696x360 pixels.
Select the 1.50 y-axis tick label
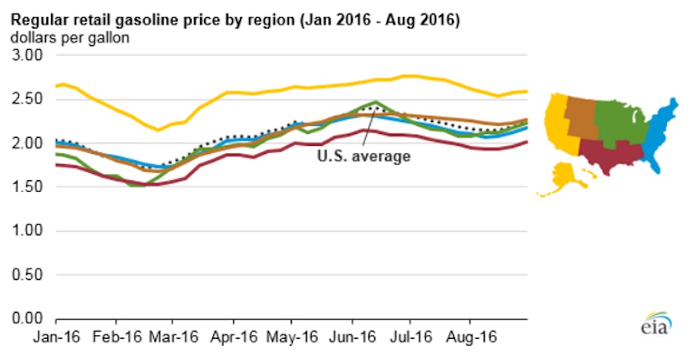pos(24,187)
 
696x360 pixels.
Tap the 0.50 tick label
pos(24,274)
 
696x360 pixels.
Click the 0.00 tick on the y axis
pos(24,318)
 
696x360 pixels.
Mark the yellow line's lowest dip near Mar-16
pos(158,130)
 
